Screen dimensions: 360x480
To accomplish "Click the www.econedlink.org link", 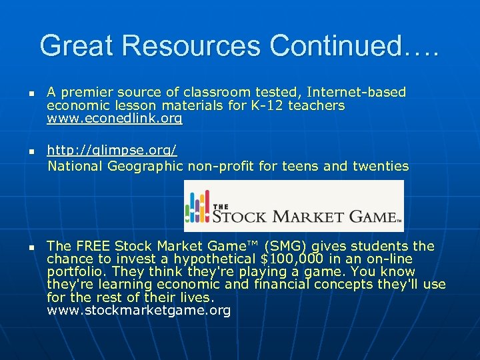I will (114, 119).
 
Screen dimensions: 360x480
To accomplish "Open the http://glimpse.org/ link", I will (112, 152).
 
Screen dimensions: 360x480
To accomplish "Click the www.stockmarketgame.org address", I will (139, 311).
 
